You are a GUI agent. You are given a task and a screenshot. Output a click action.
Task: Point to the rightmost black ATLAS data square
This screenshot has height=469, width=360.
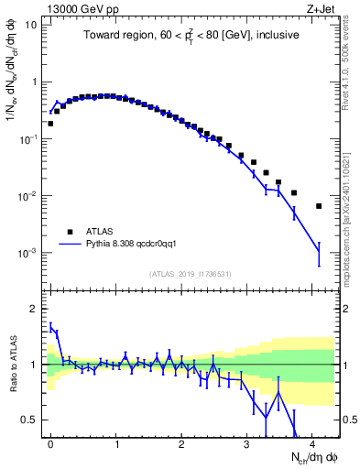(x=319, y=206)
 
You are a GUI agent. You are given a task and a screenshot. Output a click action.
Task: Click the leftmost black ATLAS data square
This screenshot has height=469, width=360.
(x=50, y=123)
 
